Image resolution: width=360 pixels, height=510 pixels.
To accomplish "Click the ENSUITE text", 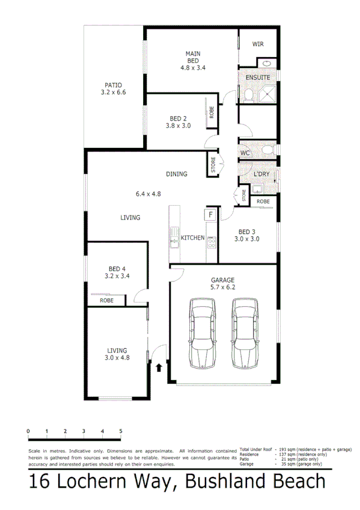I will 258,78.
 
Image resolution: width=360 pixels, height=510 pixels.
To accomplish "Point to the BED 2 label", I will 178,118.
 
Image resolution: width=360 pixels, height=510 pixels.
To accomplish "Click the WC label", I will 245,153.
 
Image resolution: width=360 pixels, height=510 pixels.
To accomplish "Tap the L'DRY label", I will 261,174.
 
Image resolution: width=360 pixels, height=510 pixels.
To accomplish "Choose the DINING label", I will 177,174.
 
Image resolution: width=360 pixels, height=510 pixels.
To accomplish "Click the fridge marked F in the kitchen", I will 211,215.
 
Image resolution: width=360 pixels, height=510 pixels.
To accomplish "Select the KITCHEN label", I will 193,238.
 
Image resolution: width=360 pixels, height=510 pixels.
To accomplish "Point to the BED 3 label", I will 247,232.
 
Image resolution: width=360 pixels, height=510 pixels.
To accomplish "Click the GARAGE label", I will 222,280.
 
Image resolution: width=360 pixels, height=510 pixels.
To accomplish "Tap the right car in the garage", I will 245,334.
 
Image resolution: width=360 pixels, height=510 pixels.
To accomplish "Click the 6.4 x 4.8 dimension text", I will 148,194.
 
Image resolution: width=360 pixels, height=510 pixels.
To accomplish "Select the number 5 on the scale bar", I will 121,431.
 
